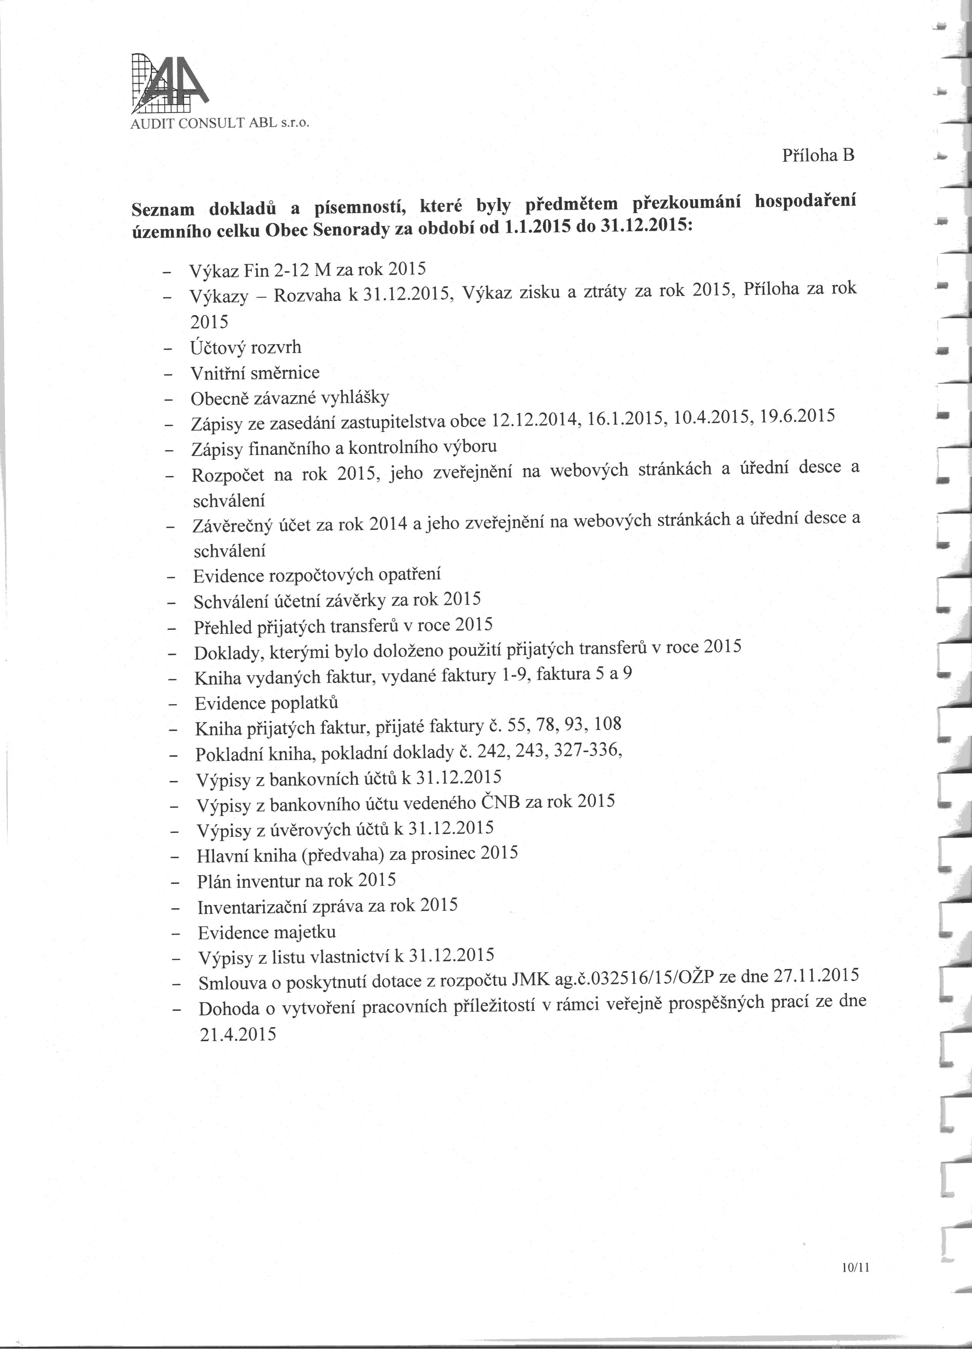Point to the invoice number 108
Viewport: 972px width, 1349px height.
pos(607,724)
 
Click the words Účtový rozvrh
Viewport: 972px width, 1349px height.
pos(246,347)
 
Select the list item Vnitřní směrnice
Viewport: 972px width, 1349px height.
pos(255,373)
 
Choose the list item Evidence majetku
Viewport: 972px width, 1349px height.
pos(267,932)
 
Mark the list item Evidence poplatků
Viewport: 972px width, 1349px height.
pos(266,703)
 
